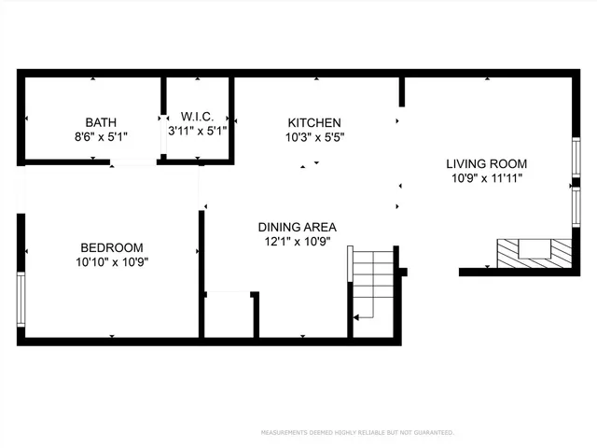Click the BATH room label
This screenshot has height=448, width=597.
coord(101,122)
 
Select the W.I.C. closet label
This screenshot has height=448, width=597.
coord(197,117)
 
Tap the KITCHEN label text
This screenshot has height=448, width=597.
coord(313,122)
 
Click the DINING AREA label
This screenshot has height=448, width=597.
coord(297,227)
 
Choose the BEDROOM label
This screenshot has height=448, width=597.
coord(112,247)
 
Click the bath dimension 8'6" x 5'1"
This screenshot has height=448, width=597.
coord(101,136)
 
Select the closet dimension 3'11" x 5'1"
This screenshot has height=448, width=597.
coord(197,131)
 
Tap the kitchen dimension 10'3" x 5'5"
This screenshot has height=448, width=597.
coord(313,137)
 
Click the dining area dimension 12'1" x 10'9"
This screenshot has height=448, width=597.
coord(297,241)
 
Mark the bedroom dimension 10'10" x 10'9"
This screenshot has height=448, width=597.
coord(112,261)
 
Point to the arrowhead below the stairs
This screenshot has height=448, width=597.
coord(356,317)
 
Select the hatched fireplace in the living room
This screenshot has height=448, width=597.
coord(533,252)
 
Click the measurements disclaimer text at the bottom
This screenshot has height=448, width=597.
coord(357,433)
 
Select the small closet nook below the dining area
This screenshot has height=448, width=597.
coord(229,315)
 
